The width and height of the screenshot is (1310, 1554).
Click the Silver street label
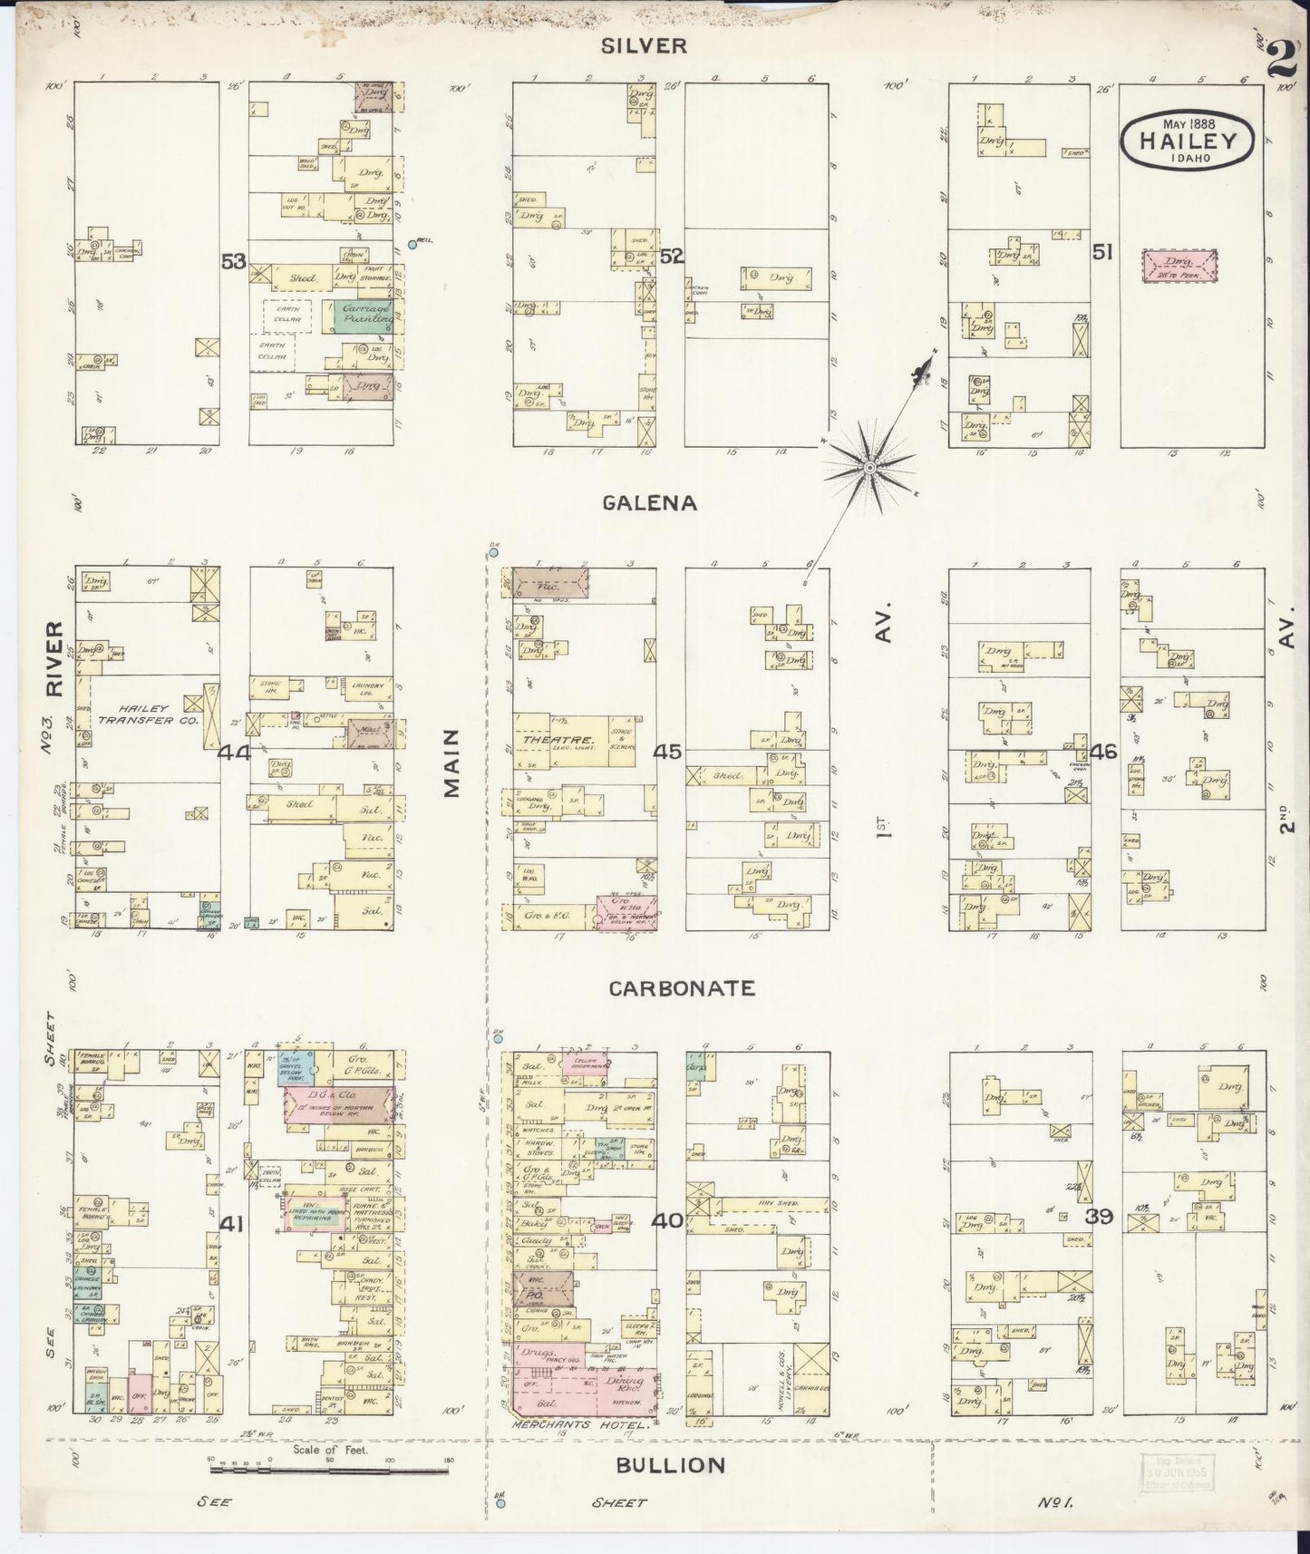point(648,46)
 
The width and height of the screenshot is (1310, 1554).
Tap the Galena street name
point(650,503)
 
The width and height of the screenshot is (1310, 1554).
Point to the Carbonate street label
point(682,987)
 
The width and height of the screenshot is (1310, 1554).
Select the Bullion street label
point(671,1464)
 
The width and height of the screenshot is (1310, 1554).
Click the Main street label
point(451,763)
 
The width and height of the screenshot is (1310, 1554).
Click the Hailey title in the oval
point(1188,141)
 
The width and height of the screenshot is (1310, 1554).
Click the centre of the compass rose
point(868,468)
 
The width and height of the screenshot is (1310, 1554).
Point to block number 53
point(234,262)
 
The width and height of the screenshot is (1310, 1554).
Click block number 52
point(671,257)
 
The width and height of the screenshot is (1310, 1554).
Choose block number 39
point(1100,1217)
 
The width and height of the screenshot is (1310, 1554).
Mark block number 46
point(1104,752)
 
